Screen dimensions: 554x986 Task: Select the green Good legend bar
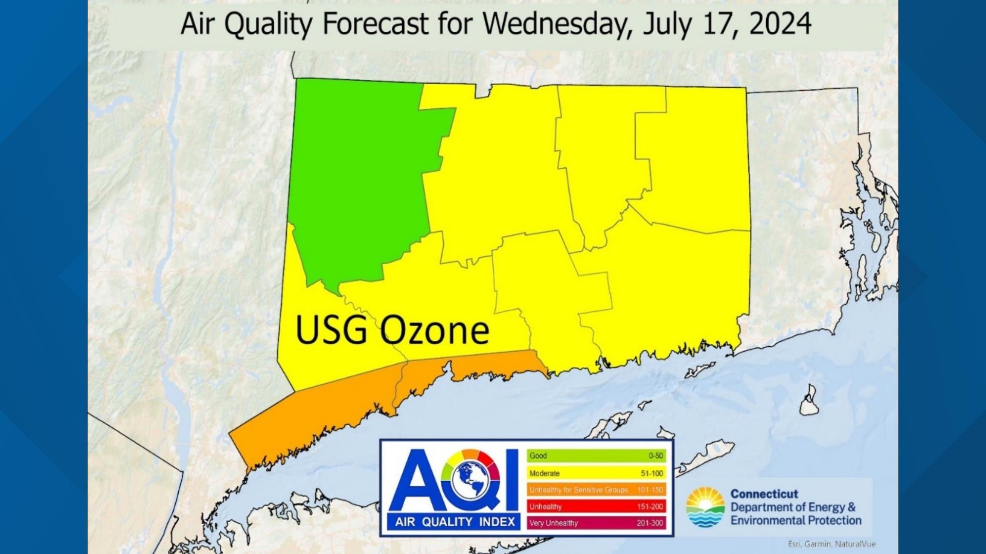tap(596, 456)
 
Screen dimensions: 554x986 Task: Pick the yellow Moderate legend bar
tap(596, 473)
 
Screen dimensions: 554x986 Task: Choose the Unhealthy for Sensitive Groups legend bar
tap(596, 490)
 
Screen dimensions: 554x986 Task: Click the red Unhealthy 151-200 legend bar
tap(596, 506)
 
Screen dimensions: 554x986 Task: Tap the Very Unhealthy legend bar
tap(596, 523)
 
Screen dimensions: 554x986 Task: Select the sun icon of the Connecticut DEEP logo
tap(705, 507)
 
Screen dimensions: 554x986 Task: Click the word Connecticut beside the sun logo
tap(764, 494)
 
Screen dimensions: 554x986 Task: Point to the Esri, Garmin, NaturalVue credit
tap(831, 544)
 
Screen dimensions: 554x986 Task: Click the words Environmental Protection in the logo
tap(795, 521)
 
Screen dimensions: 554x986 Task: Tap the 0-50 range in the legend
tap(655, 456)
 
